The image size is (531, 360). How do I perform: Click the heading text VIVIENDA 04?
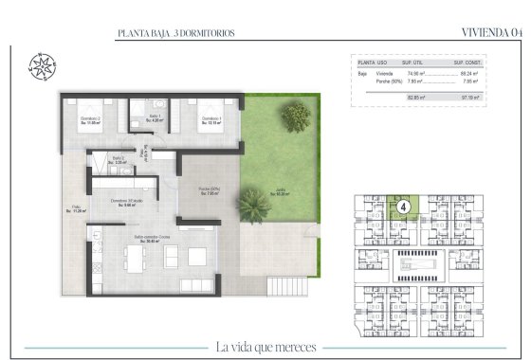[491, 32]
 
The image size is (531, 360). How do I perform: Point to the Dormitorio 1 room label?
[211, 120]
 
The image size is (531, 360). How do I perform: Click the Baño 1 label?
[152, 119]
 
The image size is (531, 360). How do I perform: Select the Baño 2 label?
[119, 160]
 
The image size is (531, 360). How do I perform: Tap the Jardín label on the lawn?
[282, 194]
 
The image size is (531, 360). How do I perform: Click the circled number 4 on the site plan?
[403, 206]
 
